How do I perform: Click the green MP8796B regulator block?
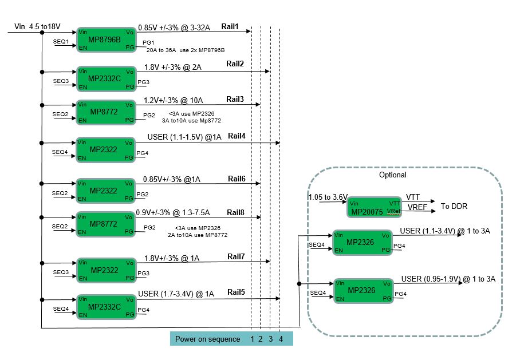(106, 39)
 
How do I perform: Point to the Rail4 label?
(237, 136)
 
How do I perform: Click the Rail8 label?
(236, 212)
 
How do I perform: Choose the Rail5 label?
(235, 292)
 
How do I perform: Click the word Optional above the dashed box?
(393, 175)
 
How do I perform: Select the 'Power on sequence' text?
(207, 339)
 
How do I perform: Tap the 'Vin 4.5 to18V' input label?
(37, 27)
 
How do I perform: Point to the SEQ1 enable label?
(61, 42)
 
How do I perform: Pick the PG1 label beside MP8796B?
(148, 43)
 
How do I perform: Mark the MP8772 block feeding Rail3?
(106, 112)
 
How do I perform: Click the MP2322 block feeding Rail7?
(106, 269)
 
